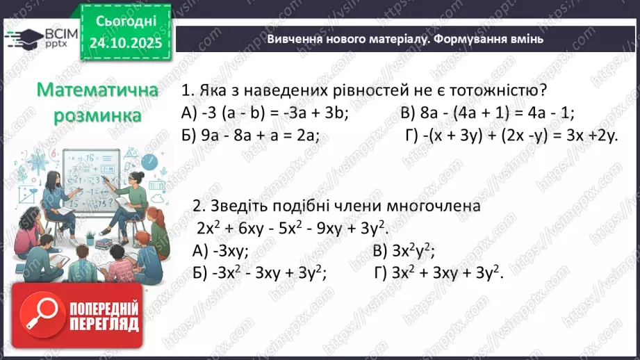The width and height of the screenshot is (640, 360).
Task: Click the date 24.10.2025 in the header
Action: coord(125,43)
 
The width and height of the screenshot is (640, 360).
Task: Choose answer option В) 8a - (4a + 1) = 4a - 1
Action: coord(487,113)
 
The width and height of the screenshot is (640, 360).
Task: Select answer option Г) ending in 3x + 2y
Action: coord(511,136)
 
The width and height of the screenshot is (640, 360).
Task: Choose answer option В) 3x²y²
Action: coord(407,252)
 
